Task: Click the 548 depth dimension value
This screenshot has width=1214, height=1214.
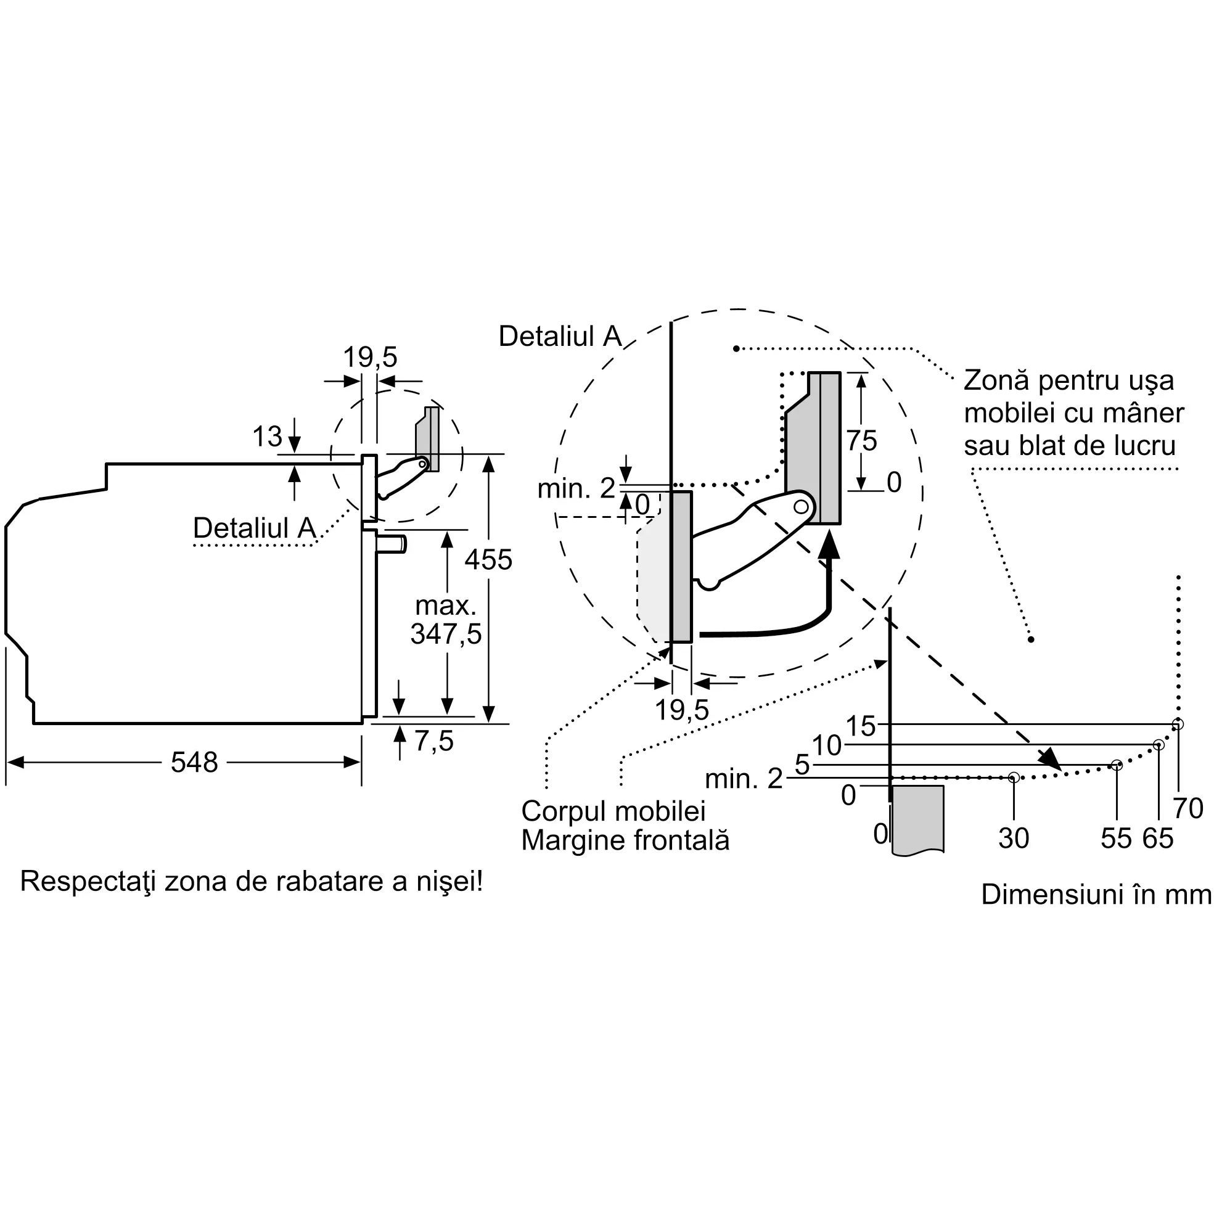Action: point(194,762)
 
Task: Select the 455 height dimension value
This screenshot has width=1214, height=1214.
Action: point(488,559)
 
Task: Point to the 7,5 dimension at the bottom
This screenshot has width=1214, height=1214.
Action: point(433,741)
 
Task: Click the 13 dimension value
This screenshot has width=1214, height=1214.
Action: point(268,436)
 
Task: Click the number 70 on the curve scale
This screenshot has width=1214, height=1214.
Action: point(1187,808)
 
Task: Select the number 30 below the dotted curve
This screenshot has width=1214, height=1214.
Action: point(1014,839)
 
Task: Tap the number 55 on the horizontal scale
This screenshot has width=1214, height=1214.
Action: point(1116,839)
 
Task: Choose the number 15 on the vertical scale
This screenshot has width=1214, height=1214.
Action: point(860,726)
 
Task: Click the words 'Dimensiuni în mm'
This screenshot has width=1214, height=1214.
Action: point(1096,895)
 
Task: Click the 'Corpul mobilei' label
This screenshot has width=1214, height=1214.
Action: point(613,811)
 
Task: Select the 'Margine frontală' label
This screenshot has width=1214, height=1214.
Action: point(625,841)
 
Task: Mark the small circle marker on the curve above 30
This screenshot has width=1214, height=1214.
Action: point(1014,778)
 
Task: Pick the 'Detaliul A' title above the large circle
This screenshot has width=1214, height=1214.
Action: point(560,336)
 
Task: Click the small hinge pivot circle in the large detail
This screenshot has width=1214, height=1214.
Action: point(800,506)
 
